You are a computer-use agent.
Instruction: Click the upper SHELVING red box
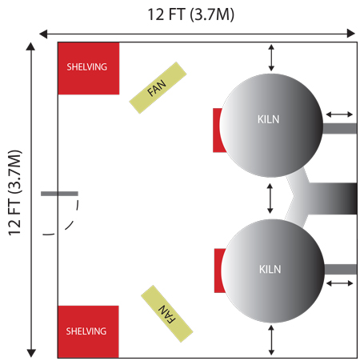(x=89, y=68)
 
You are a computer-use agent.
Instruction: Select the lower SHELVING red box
(x=88, y=331)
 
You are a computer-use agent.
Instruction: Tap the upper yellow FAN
(x=158, y=88)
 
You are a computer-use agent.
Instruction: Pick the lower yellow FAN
(x=167, y=314)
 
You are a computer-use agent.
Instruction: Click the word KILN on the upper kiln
(x=268, y=119)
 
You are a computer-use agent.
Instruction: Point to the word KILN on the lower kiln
(x=270, y=269)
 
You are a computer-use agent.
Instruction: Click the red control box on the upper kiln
(x=218, y=130)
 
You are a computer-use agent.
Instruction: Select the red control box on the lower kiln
(x=218, y=271)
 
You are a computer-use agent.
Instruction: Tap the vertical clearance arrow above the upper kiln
(x=271, y=58)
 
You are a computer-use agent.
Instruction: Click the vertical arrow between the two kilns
(x=270, y=199)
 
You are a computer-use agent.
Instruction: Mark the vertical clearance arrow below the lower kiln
(x=271, y=340)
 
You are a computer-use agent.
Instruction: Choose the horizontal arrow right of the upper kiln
(x=339, y=114)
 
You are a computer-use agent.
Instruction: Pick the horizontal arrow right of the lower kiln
(x=340, y=283)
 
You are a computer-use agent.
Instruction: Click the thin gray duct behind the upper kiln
(x=340, y=128)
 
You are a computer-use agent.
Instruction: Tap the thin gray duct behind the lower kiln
(x=341, y=269)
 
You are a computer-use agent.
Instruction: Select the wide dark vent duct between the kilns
(x=332, y=199)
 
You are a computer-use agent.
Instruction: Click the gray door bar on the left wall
(x=59, y=194)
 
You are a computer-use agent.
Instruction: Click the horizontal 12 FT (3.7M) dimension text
(x=191, y=14)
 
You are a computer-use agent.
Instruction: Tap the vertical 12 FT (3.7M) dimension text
(x=15, y=193)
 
